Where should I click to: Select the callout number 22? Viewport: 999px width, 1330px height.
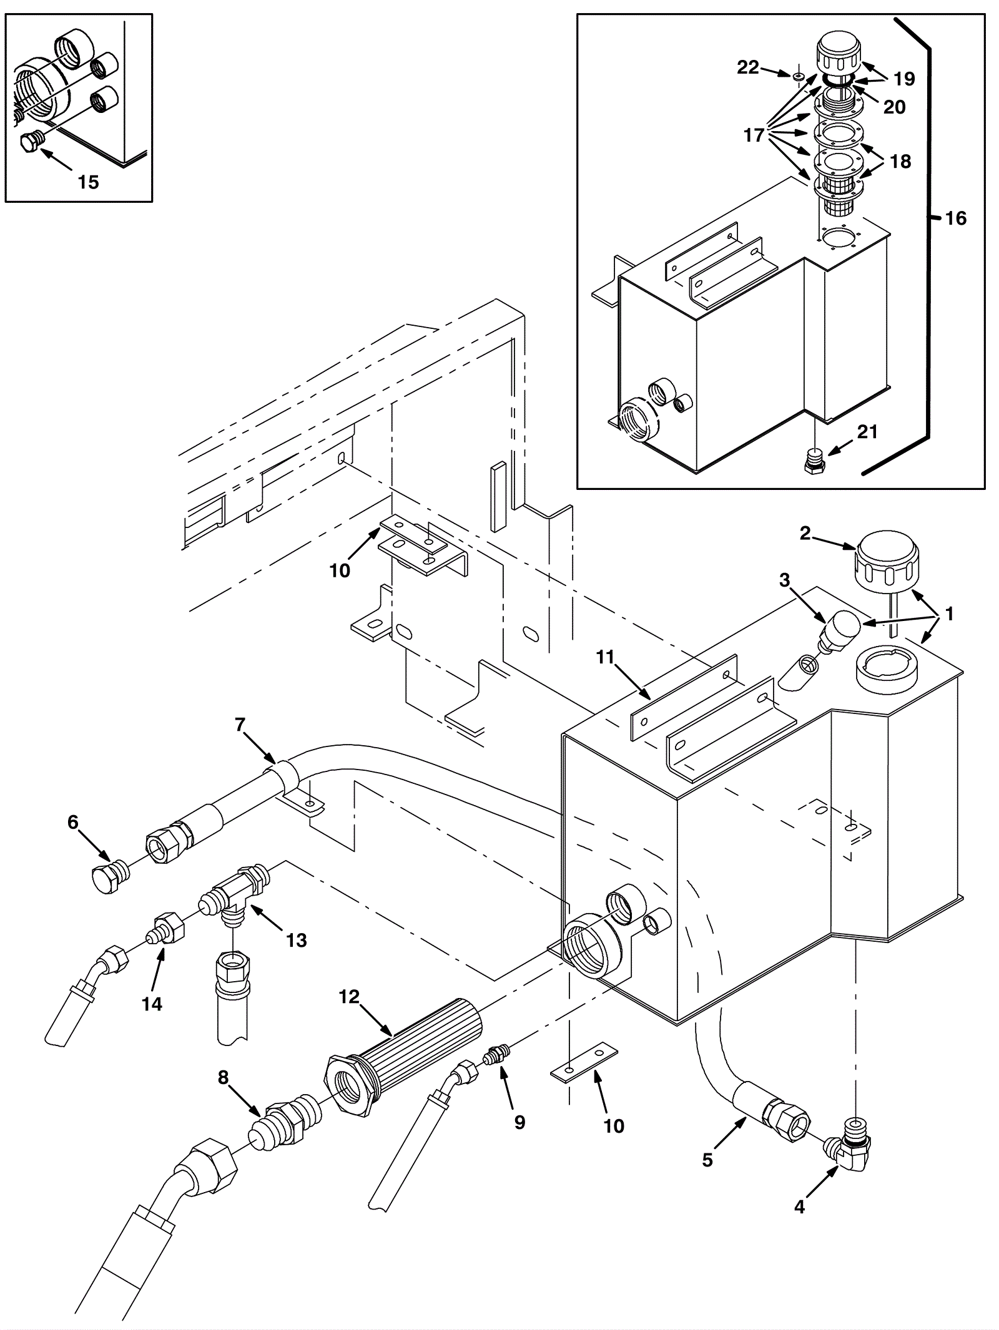(747, 67)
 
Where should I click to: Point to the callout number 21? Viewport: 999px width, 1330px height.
(867, 431)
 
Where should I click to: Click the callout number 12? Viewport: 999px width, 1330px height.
(349, 997)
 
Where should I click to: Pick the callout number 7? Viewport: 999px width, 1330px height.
(240, 725)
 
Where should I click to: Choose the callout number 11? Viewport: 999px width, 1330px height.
(605, 657)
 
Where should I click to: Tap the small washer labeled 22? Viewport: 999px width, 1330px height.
(798, 76)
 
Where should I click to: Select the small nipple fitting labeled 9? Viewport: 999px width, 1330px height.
(498, 1057)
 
